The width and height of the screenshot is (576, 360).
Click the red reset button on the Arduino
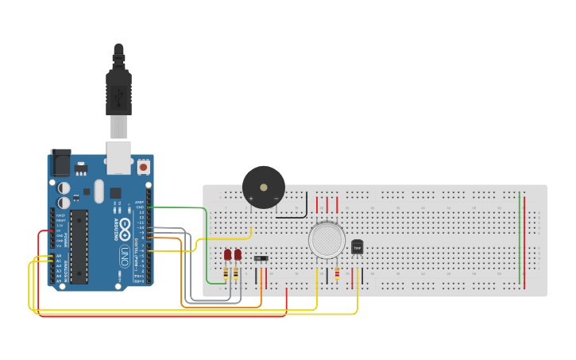(143, 167)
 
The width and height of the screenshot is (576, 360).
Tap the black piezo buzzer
(263, 188)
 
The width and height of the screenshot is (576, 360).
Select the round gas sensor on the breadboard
(327, 240)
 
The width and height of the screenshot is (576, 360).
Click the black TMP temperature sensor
(357, 248)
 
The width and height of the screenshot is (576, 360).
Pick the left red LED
(227, 255)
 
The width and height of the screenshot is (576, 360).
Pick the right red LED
(238, 255)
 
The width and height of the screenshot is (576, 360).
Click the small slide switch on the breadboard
(261, 258)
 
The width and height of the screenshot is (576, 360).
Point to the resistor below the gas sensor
(337, 274)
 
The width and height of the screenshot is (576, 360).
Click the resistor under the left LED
(226, 273)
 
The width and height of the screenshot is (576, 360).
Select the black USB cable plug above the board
(118, 87)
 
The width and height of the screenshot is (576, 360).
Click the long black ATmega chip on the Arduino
(79, 246)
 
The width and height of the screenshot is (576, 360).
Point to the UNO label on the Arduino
(125, 256)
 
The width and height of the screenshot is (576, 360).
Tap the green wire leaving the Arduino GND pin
(191, 207)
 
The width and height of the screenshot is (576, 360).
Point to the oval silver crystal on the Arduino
(99, 191)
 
